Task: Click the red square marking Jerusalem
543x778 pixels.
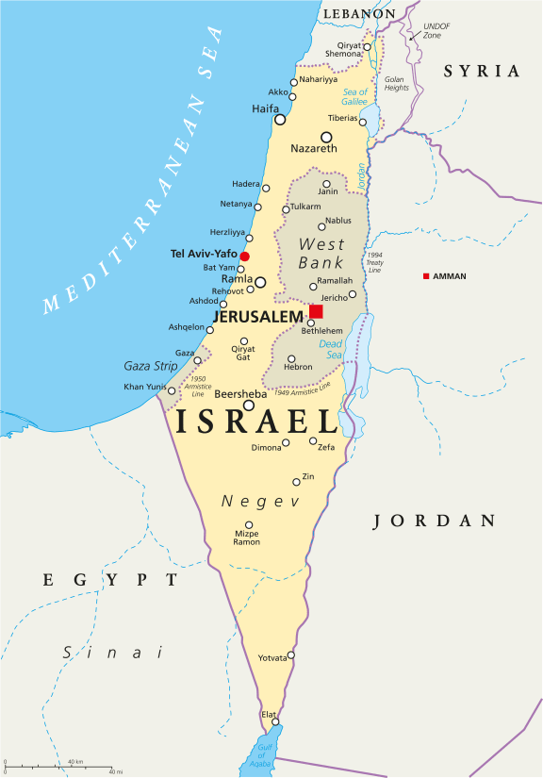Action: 316,312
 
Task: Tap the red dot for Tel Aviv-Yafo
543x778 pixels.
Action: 244,256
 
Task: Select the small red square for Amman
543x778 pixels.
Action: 426,275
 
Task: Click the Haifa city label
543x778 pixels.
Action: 266,109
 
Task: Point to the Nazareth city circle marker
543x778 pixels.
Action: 326,137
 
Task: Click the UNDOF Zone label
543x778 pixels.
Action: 436,30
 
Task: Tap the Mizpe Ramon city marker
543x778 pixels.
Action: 249,525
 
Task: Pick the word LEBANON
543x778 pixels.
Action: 358,14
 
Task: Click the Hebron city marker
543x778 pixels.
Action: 291,358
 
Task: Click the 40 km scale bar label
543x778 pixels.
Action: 75,762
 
